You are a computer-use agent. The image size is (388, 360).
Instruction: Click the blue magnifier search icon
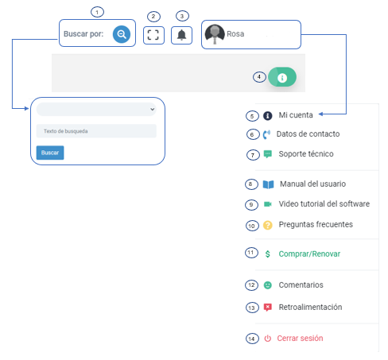[x=122, y=34]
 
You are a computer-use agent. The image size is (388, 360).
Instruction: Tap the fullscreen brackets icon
[x=153, y=35]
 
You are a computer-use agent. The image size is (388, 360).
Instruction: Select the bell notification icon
[x=181, y=35]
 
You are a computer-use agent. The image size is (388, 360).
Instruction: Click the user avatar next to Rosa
[x=215, y=34]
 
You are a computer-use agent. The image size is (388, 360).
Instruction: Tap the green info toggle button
[x=282, y=77]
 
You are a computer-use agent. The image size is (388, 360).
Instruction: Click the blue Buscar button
[x=50, y=153]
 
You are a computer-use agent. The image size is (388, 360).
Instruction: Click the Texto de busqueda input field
[x=96, y=131]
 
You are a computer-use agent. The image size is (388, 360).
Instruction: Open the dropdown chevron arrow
[x=152, y=109]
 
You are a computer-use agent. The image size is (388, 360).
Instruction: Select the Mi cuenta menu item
[x=296, y=115]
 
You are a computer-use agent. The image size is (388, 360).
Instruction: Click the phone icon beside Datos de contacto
[x=266, y=134]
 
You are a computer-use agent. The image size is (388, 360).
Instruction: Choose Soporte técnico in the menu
[x=306, y=154]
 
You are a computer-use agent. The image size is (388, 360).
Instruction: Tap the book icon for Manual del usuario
[x=268, y=184]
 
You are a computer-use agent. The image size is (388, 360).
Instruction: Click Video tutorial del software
[x=324, y=203]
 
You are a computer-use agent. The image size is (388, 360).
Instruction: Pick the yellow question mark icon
[x=268, y=225]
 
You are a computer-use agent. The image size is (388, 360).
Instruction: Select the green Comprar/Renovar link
[x=309, y=254]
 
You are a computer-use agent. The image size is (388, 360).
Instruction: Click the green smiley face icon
[x=268, y=285]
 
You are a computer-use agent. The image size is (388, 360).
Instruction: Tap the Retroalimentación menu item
[x=310, y=307]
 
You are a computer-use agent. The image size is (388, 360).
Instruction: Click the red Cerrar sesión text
[x=300, y=339]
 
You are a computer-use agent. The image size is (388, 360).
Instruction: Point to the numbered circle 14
[x=252, y=339]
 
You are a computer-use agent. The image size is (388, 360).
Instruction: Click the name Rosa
[x=235, y=34]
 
